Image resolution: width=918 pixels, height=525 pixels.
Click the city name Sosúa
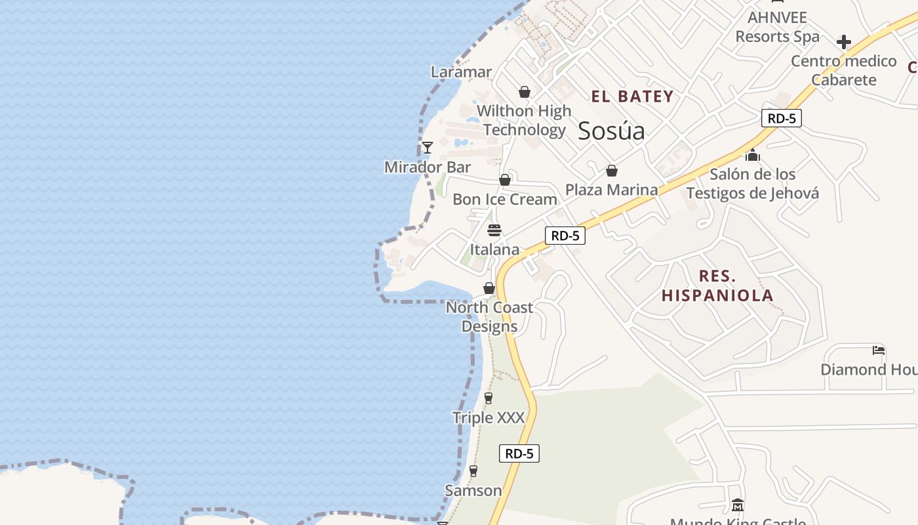pyautogui.click(x=611, y=131)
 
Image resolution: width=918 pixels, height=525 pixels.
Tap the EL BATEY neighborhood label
pyautogui.click(x=632, y=96)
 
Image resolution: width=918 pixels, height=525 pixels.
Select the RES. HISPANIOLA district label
pyautogui.click(x=717, y=285)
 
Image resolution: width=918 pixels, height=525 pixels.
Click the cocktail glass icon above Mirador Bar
pyautogui.click(x=428, y=148)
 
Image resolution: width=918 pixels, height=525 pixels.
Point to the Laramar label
pyautogui.click(x=461, y=72)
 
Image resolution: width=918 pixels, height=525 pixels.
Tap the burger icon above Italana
pyautogui.click(x=494, y=230)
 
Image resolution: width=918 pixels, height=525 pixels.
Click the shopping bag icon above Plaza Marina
pyautogui.click(x=612, y=171)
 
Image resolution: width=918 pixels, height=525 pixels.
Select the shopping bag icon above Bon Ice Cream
pyautogui.click(x=505, y=180)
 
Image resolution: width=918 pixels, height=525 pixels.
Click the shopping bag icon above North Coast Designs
pyautogui.click(x=489, y=288)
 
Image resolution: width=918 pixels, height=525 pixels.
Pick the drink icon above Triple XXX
pyautogui.click(x=489, y=398)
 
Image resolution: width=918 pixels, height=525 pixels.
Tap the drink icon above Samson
pyautogui.click(x=473, y=471)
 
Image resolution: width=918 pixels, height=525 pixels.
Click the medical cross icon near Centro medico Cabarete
pyautogui.click(x=844, y=42)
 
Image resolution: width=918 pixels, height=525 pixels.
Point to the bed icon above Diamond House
pyautogui.click(x=879, y=350)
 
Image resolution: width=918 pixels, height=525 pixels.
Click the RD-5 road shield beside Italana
pyautogui.click(x=565, y=236)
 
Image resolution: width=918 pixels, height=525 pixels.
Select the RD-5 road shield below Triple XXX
pyautogui.click(x=519, y=453)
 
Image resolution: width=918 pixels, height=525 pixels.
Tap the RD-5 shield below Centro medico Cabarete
pyautogui.click(x=782, y=118)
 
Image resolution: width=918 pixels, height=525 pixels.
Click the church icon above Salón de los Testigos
pyautogui.click(x=753, y=156)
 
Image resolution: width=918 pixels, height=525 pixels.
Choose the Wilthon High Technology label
pyautogui.click(x=524, y=120)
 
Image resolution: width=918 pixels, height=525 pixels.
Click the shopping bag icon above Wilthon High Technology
pyautogui.click(x=525, y=92)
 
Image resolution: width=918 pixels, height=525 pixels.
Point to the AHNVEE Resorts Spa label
pyautogui.click(x=778, y=26)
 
